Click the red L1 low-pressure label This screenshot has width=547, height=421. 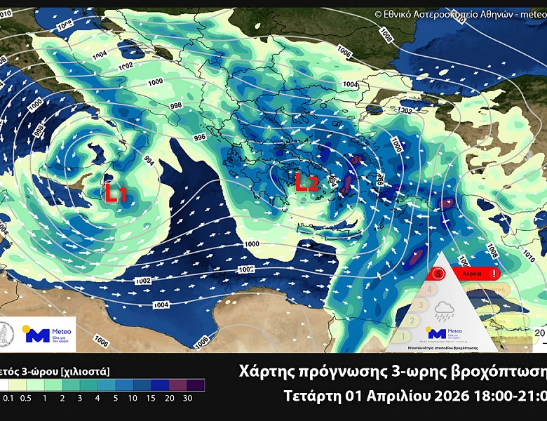116,193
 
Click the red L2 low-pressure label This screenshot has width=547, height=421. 306,183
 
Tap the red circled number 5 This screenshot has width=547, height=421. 439,274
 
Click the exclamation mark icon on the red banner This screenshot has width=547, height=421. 496,274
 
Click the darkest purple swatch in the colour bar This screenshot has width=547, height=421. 196,385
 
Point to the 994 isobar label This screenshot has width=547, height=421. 149,160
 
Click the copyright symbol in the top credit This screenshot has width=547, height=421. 378,13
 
